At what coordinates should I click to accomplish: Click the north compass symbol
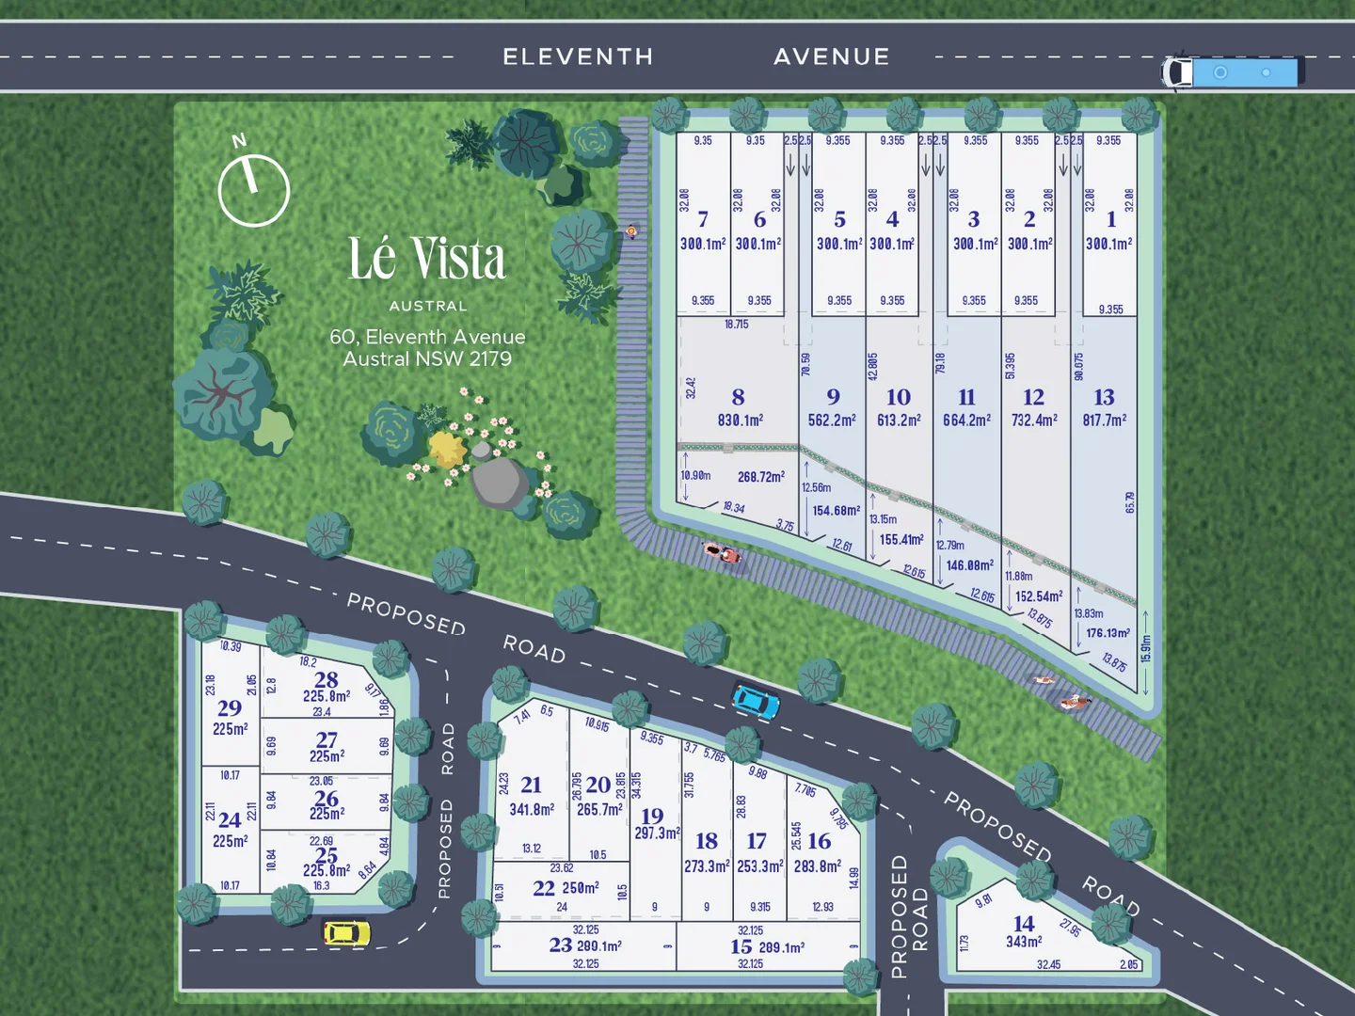pos(253,189)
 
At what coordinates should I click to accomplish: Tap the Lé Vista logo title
pos(427,259)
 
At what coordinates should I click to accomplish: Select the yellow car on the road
pos(346,932)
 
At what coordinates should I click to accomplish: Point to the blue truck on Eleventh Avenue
pos(1233,71)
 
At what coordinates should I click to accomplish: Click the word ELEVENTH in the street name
pos(578,56)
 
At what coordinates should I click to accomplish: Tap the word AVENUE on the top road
pos(832,56)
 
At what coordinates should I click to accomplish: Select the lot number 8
pos(738,398)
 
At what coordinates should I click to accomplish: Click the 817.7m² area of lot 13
pos(1104,421)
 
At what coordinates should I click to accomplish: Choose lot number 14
pos(1024,924)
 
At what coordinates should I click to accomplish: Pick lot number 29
pos(230,708)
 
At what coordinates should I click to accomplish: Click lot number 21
pos(531,785)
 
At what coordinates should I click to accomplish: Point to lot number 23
pos(561,945)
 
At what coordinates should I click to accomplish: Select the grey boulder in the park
pos(499,482)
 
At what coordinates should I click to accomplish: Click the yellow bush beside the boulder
pos(447,450)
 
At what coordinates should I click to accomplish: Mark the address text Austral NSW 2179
pos(427,359)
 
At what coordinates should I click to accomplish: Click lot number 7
pos(703,220)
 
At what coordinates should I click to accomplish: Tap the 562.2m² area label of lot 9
pos(832,421)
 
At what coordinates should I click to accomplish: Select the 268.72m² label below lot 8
pos(760,477)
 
